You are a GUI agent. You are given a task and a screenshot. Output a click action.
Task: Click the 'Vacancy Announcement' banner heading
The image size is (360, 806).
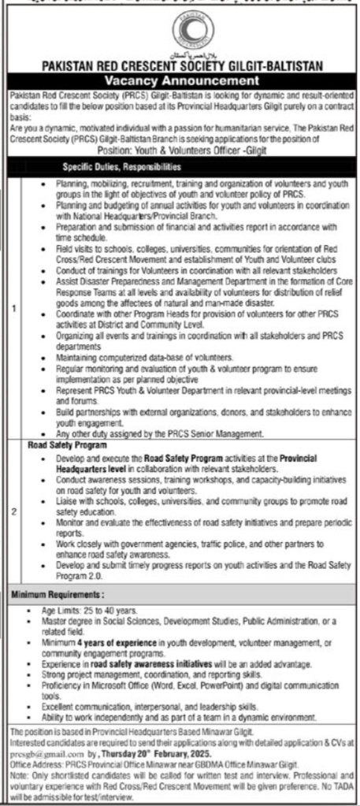[180, 80]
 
